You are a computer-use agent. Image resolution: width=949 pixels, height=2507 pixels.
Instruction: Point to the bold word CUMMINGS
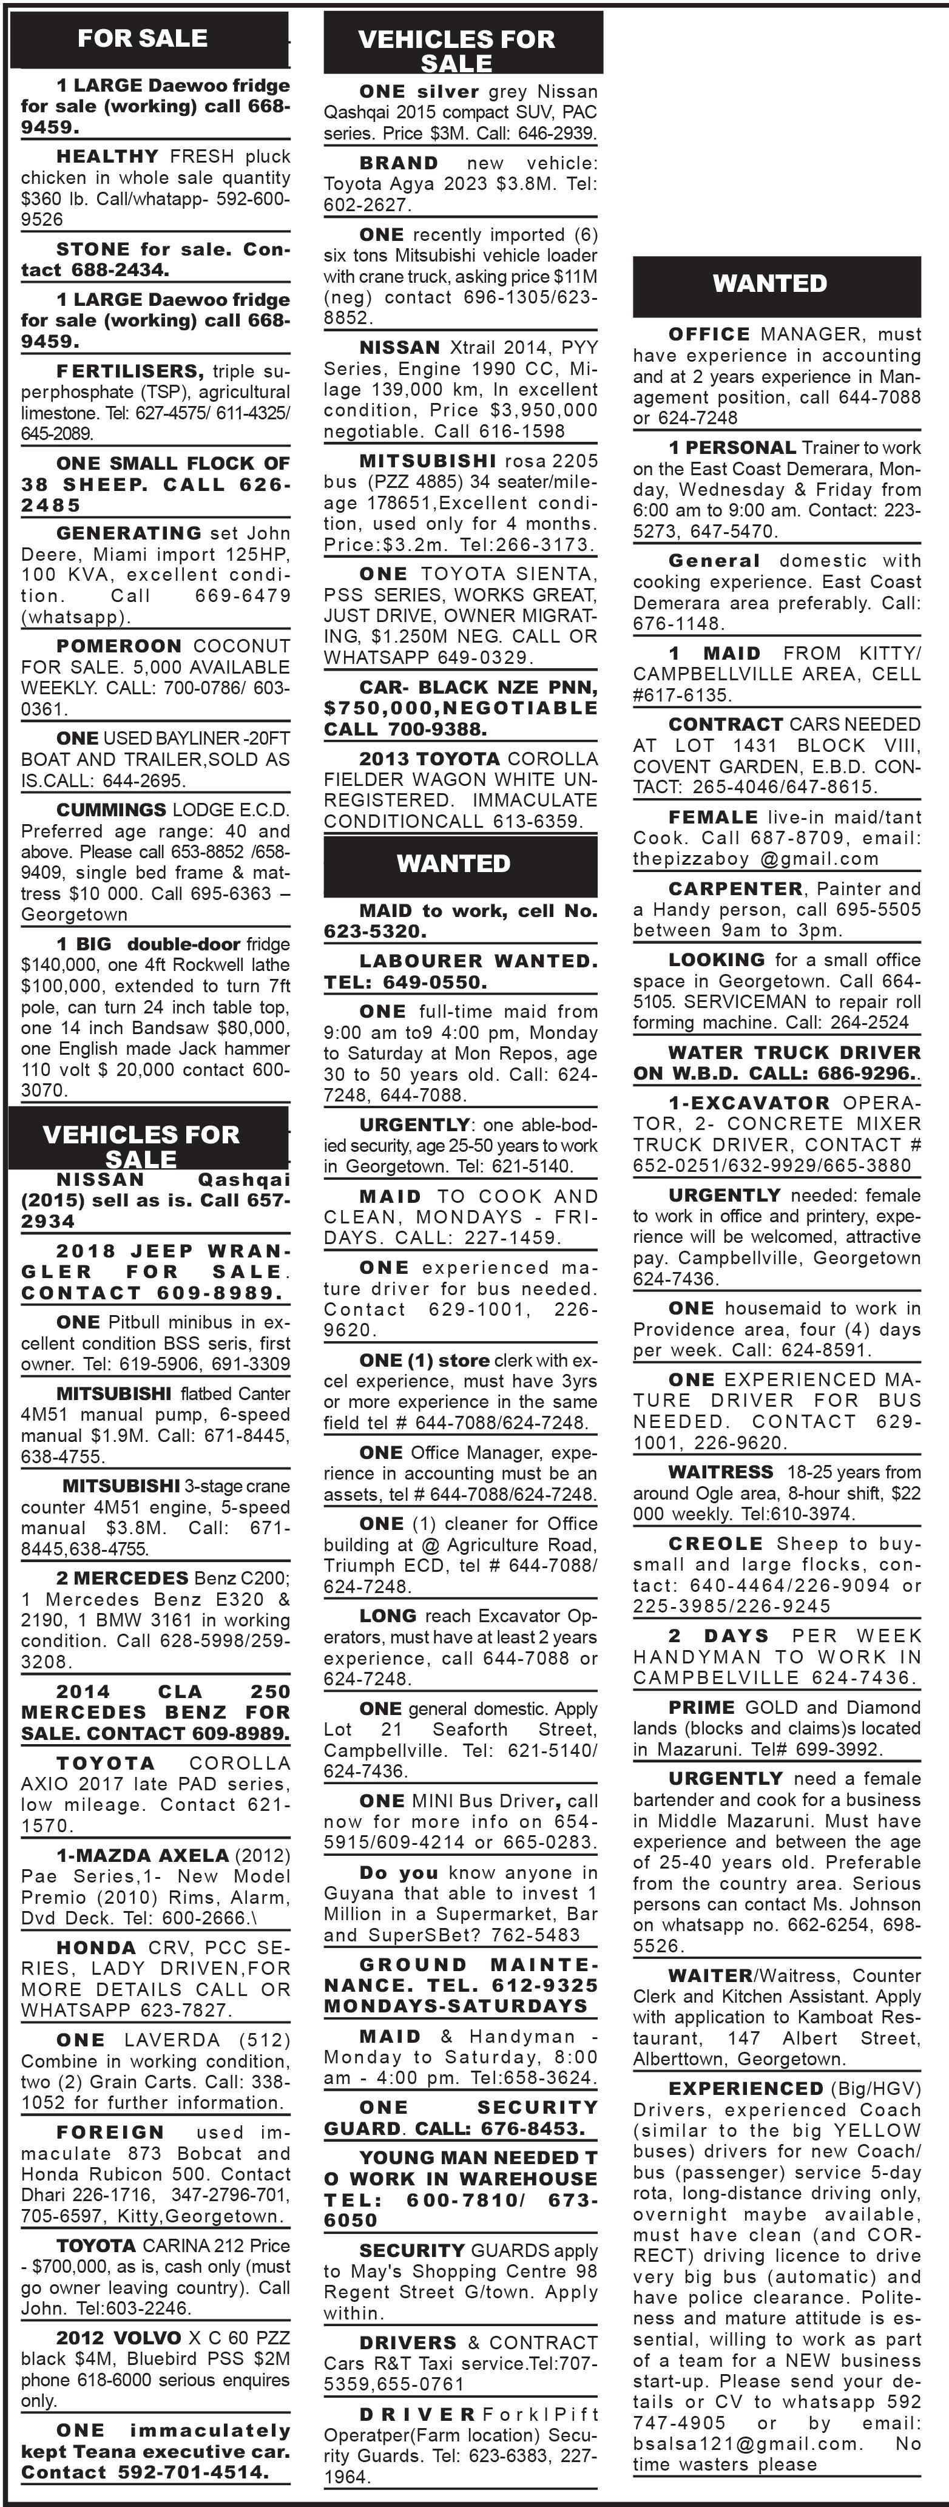tap(111, 810)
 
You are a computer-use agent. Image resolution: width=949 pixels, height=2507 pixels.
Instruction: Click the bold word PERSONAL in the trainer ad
tap(741, 448)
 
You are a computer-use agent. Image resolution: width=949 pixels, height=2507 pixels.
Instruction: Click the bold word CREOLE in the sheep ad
tap(715, 1543)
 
